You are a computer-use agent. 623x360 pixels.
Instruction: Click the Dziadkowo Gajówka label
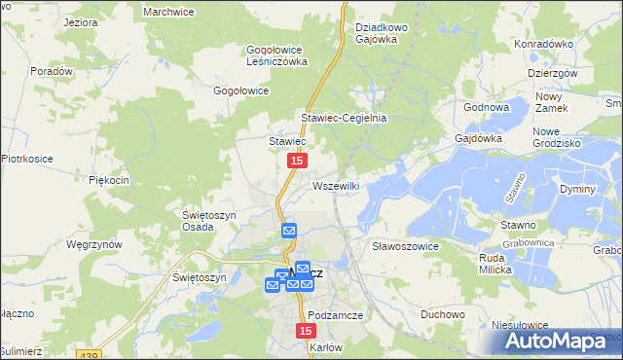coord(385,33)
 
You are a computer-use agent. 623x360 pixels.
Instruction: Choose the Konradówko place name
coord(544,44)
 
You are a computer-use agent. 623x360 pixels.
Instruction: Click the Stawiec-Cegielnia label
coord(344,118)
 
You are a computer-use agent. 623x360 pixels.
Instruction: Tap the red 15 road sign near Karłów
coord(304,332)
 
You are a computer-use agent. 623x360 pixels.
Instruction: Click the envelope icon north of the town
coord(289,231)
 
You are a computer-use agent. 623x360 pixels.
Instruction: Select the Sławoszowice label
coord(406,246)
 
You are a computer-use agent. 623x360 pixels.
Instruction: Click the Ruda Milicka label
coord(502,264)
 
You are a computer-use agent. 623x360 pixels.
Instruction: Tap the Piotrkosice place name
coord(25,158)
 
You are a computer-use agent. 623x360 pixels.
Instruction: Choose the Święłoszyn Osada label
coord(209,221)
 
